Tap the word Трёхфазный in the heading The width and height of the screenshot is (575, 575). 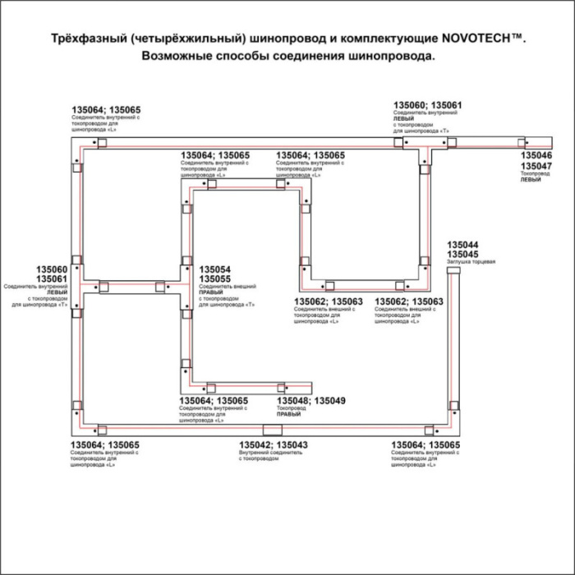85,39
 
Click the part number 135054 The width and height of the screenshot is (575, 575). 214,269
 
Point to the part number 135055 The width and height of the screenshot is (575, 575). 214,278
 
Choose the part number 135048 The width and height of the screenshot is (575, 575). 293,400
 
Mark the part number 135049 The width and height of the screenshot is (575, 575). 331,400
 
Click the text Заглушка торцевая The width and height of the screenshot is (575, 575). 471,263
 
